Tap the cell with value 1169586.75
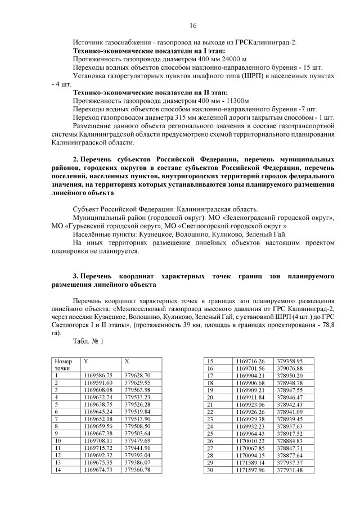(98, 375)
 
